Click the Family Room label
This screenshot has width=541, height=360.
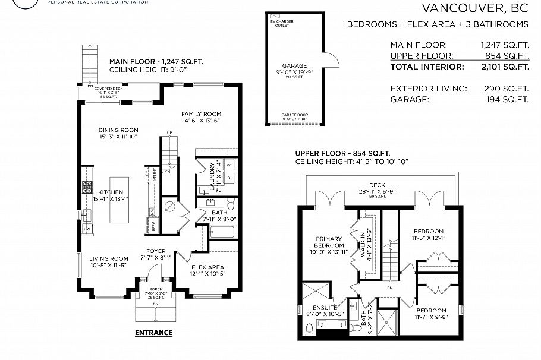(x=201, y=114)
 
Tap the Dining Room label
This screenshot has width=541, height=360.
(x=119, y=130)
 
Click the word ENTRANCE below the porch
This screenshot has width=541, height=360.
(x=153, y=333)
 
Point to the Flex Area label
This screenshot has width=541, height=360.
(x=207, y=267)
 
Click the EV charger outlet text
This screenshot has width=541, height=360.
(x=282, y=23)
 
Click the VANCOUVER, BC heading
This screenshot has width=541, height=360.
(x=474, y=8)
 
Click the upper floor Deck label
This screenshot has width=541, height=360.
(x=377, y=185)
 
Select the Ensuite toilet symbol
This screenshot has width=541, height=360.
(x=309, y=329)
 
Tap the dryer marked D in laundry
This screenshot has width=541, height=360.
(x=229, y=178)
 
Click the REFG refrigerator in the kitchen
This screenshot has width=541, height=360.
(x=153, y=226)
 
